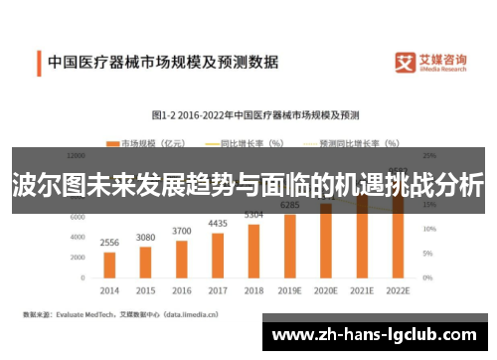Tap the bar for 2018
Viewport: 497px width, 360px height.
point(253,251)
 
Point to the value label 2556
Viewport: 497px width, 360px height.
point(109,243)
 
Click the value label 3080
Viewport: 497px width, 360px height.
point(145,237)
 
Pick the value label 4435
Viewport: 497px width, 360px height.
point(218,224)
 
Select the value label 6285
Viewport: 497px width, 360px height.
point(290,206)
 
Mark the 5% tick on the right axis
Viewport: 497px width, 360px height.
point(428,253)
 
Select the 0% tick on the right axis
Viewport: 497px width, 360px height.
point(428,277)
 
